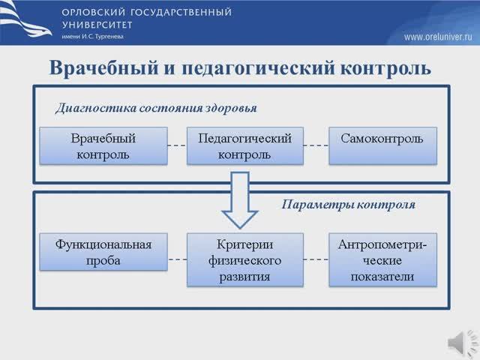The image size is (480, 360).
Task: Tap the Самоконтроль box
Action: tap(382, 145)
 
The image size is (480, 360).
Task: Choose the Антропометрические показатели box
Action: tap(382, 260)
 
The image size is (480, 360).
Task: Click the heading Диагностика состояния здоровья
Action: tap(156, 108)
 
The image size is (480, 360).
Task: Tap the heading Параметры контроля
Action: tap(348, 204)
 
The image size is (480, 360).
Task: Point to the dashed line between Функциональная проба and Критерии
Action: tap(175, 259)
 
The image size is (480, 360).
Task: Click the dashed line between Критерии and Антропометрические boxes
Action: tap(316, 259)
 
